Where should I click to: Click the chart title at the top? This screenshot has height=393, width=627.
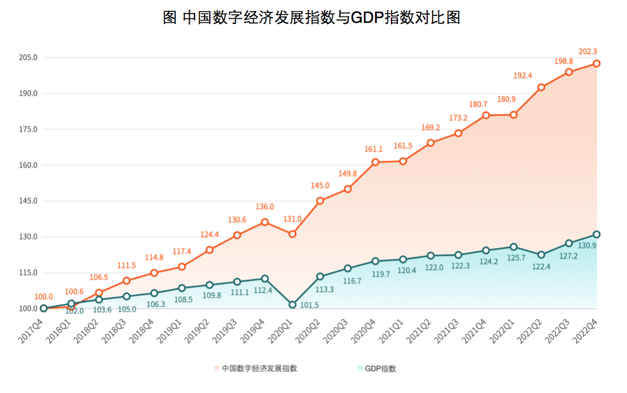point(311,18)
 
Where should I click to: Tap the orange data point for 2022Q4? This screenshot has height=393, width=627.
point(597,63)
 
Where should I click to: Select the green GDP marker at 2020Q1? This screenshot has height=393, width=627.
point(292,304)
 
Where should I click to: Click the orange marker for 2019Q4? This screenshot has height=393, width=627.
point(265,222)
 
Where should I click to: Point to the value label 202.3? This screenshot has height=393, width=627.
point(588,52)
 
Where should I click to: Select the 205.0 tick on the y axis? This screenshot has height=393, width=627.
point(28,57)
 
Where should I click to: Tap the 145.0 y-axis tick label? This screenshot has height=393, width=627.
point(28,201)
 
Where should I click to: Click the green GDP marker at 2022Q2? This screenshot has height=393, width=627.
point(541,255)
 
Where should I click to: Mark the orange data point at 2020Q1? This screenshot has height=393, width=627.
point(292,234)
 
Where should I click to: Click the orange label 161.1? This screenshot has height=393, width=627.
point(373,150)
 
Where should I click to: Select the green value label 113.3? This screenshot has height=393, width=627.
point(323,289)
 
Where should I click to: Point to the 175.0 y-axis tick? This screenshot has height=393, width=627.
point(28,129)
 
